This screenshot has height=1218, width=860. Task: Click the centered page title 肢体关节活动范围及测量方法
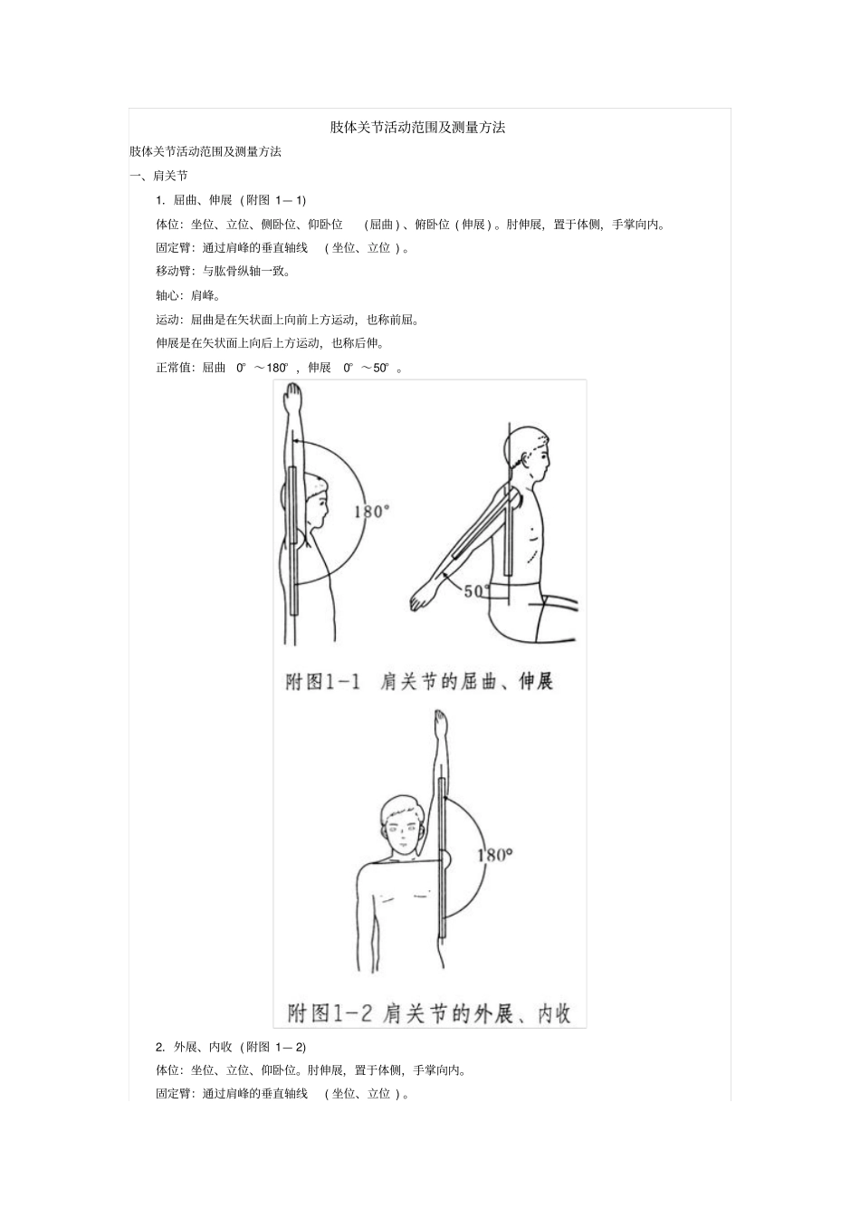point(417,128)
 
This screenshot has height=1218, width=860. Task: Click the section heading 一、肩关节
point(158,176)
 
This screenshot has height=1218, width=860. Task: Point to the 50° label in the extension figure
point(476,591)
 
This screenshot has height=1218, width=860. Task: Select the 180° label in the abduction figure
point(494,854)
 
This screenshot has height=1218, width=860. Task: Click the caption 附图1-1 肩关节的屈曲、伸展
point(419,681)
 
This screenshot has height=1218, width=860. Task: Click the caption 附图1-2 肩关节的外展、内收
point(429,1012)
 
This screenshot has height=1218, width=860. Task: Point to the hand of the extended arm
point(423,599)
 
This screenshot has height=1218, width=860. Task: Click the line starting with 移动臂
point(223,271)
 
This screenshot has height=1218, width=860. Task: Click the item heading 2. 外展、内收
point(231,1047)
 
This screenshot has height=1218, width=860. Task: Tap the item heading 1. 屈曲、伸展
point(231,200)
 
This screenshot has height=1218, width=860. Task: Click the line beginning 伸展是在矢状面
point(270,343)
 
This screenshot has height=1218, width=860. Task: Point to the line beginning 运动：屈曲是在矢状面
point(287,320)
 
